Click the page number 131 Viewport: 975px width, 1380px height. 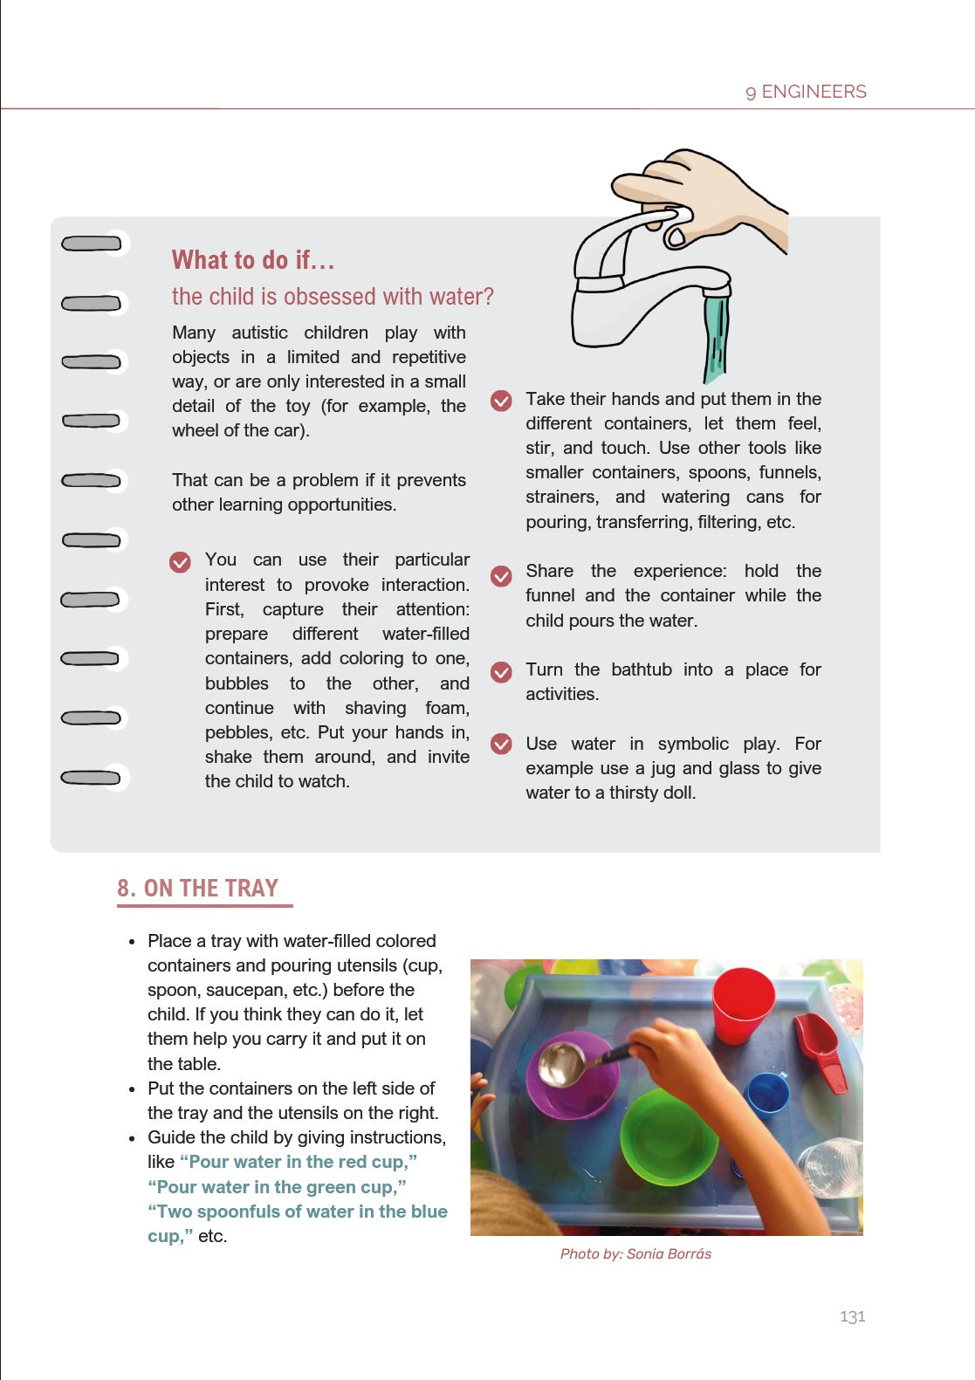852,1316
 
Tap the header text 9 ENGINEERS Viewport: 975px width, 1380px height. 806,92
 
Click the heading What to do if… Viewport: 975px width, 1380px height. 253,260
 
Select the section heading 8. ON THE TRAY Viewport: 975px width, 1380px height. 198,889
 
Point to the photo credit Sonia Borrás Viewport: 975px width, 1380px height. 635,1253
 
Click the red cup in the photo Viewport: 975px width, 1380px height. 742,1004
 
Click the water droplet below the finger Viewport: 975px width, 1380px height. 676,237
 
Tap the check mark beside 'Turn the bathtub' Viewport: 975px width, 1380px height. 501,671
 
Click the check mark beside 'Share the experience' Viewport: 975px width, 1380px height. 501,575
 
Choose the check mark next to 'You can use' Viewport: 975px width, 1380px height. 180,562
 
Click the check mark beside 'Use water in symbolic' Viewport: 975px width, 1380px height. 501,744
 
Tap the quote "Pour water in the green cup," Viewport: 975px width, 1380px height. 277,1187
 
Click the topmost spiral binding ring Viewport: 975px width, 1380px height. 92,244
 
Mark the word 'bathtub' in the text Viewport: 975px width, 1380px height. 642,669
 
